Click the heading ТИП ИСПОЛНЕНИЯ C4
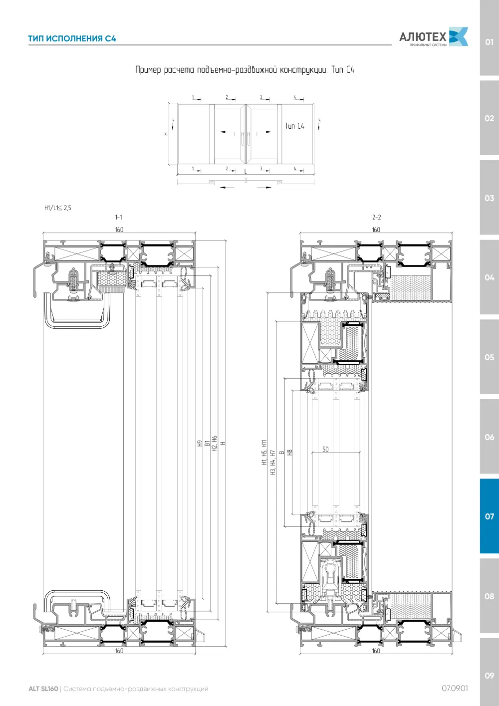[72, 39]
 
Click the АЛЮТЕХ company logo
[434, 37]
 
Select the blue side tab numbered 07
[489, 516]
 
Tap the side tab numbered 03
[489, 198]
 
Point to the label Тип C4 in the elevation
[294, 126]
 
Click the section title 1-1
[119, 217]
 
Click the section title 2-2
[376, 217]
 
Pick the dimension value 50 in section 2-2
[326, 449]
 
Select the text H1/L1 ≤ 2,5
[58, 208]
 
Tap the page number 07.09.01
[455, 689]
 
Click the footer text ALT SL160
[43, 689]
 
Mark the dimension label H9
[199, 444]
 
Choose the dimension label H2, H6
[215, 444]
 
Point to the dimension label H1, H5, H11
[264, 452]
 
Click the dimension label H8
[290, 452]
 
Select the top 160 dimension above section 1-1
[119, 230]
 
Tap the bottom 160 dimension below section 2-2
[376, 651]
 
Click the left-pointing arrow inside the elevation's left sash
[227, 132]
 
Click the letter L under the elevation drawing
[246, 172]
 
